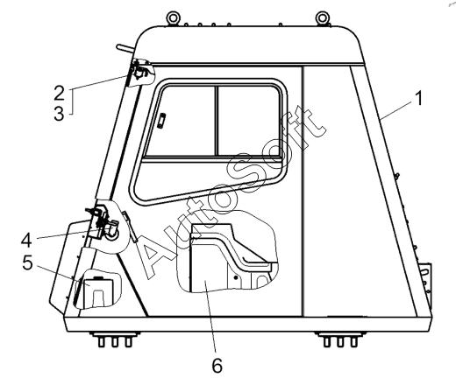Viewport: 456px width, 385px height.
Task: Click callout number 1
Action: point(419,98)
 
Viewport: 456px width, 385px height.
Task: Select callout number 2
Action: point(60,93)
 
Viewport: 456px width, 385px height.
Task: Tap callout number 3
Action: point(59,113)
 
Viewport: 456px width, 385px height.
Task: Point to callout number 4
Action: point(26,241)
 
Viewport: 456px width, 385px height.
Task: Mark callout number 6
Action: point(217,365)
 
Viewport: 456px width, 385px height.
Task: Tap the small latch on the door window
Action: point(161,121)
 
